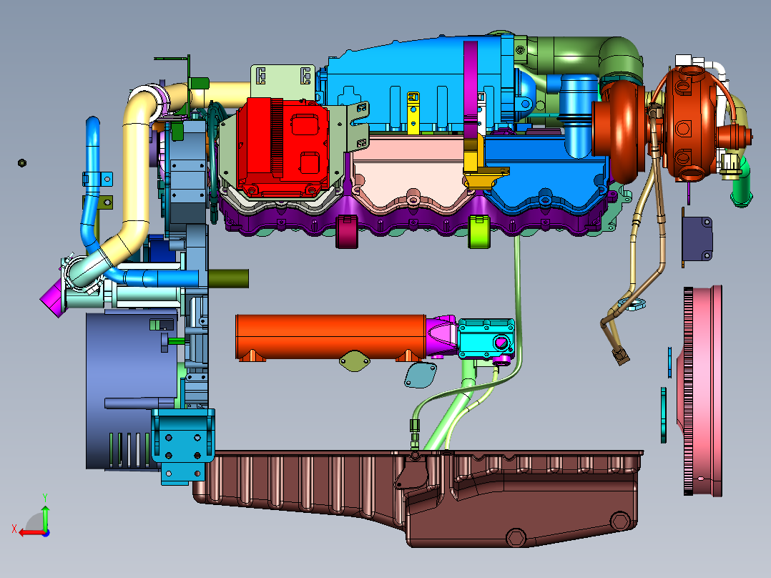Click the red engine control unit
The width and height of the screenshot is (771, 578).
[283, 146]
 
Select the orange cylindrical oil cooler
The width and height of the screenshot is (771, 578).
[330, 337]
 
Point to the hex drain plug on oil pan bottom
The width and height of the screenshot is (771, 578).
[516, 537]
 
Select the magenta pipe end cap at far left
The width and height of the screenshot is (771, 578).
[53, 297]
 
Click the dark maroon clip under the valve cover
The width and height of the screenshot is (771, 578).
[347, 231]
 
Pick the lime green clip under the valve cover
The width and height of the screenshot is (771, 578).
[479, 231]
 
